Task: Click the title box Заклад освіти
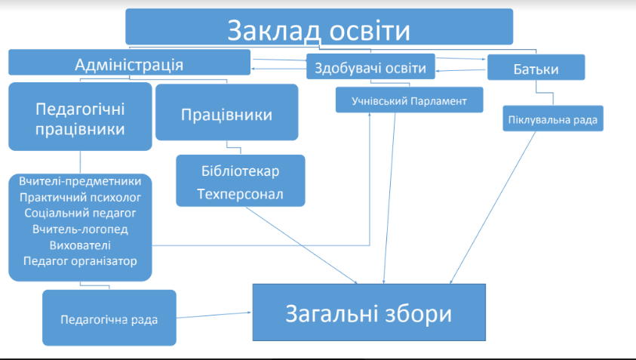[319, 29]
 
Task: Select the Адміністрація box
[129, 63]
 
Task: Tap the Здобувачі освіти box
[370, 69]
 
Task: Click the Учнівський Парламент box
[410, 100]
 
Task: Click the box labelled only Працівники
[226, 115]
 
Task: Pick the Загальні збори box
[368, 313]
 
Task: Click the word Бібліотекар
[241, 171]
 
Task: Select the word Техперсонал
[241, 193]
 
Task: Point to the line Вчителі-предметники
[81, 182]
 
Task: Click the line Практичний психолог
[81, 198]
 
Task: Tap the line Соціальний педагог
[81, 214]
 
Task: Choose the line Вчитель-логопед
[81, 229]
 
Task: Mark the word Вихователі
[81, 245]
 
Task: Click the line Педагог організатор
[81, 261]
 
